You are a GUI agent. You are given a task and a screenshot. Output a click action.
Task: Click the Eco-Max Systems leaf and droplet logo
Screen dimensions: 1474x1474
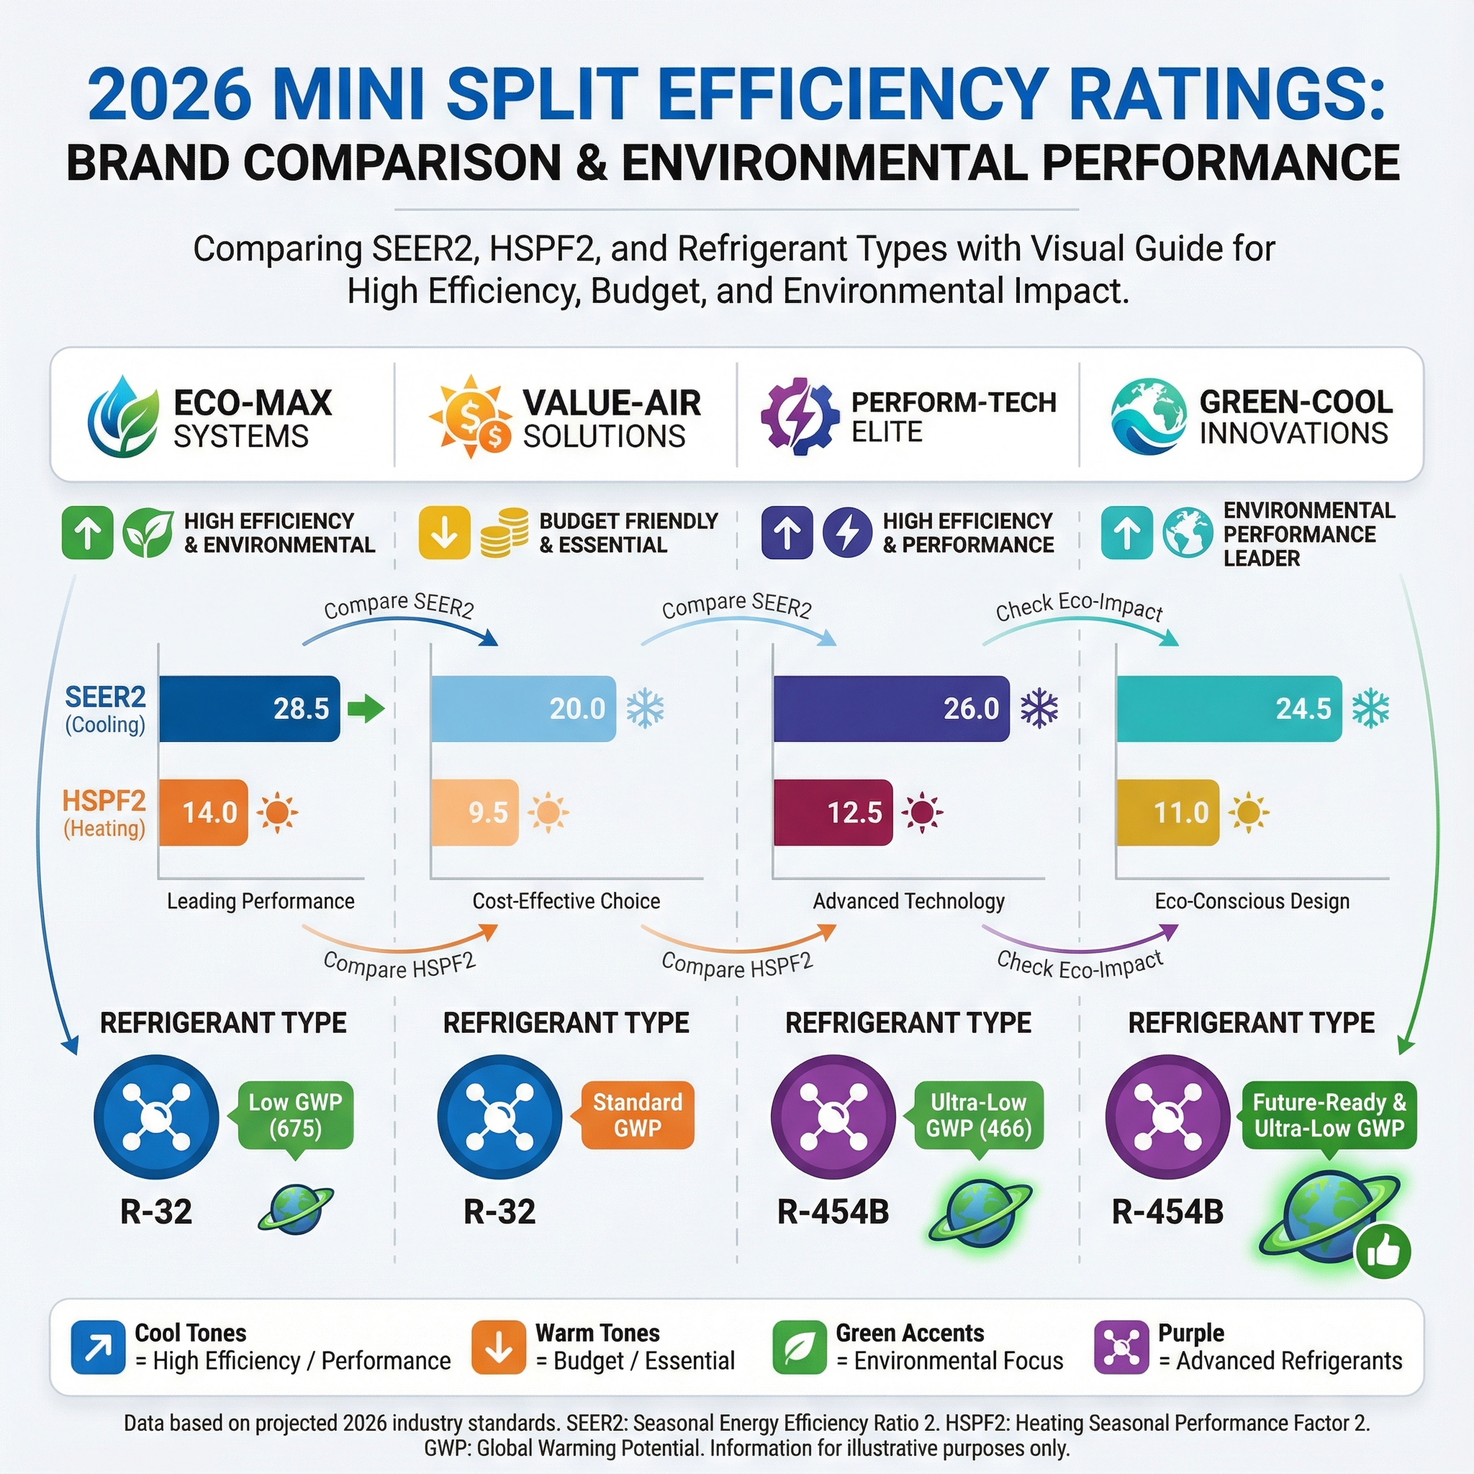124,416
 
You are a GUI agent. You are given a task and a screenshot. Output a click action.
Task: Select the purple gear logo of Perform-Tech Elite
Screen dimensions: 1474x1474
800,417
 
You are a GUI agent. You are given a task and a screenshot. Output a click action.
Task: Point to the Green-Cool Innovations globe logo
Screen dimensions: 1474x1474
1148,417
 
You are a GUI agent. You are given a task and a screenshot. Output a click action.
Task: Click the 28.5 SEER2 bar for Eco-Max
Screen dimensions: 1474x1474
250,708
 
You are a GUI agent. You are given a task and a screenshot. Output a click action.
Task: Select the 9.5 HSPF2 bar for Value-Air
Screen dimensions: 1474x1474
474,812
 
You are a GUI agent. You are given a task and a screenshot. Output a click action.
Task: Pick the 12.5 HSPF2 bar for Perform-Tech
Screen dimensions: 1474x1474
833,812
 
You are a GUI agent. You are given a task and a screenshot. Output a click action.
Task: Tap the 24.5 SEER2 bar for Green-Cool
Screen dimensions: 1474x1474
1229,708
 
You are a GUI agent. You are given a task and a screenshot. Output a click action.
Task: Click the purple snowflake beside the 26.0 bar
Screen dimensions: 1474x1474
1039,708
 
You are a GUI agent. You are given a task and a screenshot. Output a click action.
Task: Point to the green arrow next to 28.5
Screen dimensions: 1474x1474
366,708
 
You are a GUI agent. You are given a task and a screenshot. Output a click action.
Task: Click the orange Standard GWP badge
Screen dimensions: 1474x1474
637,1115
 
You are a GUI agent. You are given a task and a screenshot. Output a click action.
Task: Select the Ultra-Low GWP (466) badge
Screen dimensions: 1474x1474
978,1115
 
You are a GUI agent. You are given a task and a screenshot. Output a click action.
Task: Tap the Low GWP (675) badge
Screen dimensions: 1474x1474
295,1115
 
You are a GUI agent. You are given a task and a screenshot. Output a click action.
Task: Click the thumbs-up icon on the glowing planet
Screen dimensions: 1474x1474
1383,1252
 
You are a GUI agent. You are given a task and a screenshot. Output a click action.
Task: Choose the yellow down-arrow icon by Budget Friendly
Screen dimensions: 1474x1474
444,533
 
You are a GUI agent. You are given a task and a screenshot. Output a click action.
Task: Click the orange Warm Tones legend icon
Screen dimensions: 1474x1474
498,1347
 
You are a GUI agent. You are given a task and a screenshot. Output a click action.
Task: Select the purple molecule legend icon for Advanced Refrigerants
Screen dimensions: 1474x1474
1121,1347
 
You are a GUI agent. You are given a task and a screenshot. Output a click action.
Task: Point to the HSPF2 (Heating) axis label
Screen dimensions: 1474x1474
104,813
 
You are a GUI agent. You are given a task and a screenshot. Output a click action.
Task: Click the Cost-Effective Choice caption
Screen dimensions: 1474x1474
566,901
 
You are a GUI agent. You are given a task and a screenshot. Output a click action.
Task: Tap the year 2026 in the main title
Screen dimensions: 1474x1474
169,94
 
